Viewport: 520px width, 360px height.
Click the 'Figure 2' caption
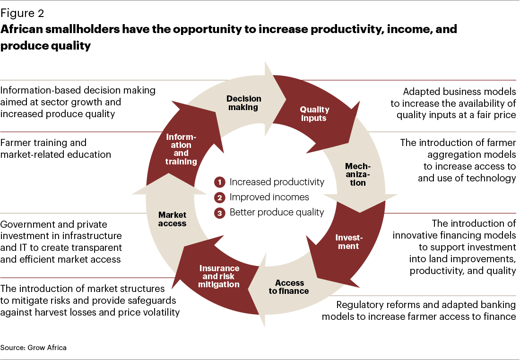click(x=22, y=13)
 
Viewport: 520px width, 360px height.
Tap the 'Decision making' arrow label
click(x=244, y=103)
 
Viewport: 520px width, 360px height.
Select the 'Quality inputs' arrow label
click(x=314, y=114)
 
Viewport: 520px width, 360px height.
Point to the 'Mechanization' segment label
click(x=358, y=174)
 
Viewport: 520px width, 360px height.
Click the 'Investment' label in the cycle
click(x=349, y=242)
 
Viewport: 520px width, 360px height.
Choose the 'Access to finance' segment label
click(x=289, y=287)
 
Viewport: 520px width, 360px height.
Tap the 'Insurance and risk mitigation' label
click(x=219, y=276)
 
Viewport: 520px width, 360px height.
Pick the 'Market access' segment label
click(x=172, y=219)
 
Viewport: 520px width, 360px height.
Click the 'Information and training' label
click(x=181, y=149)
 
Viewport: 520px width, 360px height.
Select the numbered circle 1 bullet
click(x=219, y=182)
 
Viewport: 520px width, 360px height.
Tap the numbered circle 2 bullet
click(x=219, y=197)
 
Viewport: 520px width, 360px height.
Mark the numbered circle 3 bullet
click(x=219, y=213)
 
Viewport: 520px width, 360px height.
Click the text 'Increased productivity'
click(x=277, y=182)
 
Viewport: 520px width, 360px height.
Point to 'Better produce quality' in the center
click(x=277, y=212)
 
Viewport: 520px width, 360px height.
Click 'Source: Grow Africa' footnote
click(x=34, y=347)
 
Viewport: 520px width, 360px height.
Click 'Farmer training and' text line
click(x=43, y=143)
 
